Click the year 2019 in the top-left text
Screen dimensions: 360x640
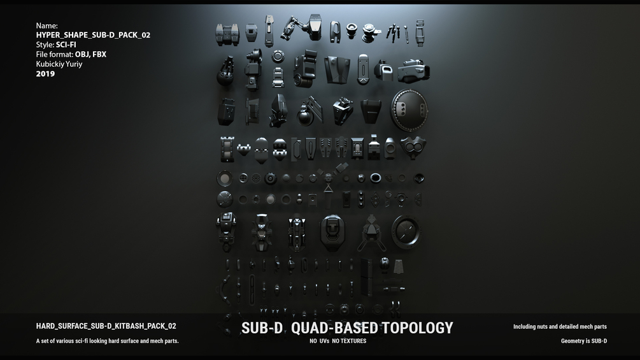pos(45,74)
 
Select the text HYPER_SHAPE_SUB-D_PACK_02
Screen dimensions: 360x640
pos(93,35)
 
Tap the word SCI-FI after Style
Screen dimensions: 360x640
pos(66,45)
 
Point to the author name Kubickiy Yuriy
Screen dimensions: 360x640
pos(59,64)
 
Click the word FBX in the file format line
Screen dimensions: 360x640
pos(99,54)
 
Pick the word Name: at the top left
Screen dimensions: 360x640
pos(46,25)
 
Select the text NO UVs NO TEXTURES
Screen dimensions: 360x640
pos(338,341)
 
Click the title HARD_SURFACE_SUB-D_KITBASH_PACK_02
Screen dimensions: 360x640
pos(106,326)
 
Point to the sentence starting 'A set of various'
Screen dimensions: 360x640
pos(107,341)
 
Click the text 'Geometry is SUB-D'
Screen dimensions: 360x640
pos(583,341)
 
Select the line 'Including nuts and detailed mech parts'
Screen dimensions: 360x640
pos(560,327)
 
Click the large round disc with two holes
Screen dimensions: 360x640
pos(408,110)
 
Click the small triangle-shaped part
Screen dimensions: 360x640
pos(328,189)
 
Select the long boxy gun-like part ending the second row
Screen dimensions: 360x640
pos(413,70)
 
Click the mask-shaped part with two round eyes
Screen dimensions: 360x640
pos(413,147)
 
